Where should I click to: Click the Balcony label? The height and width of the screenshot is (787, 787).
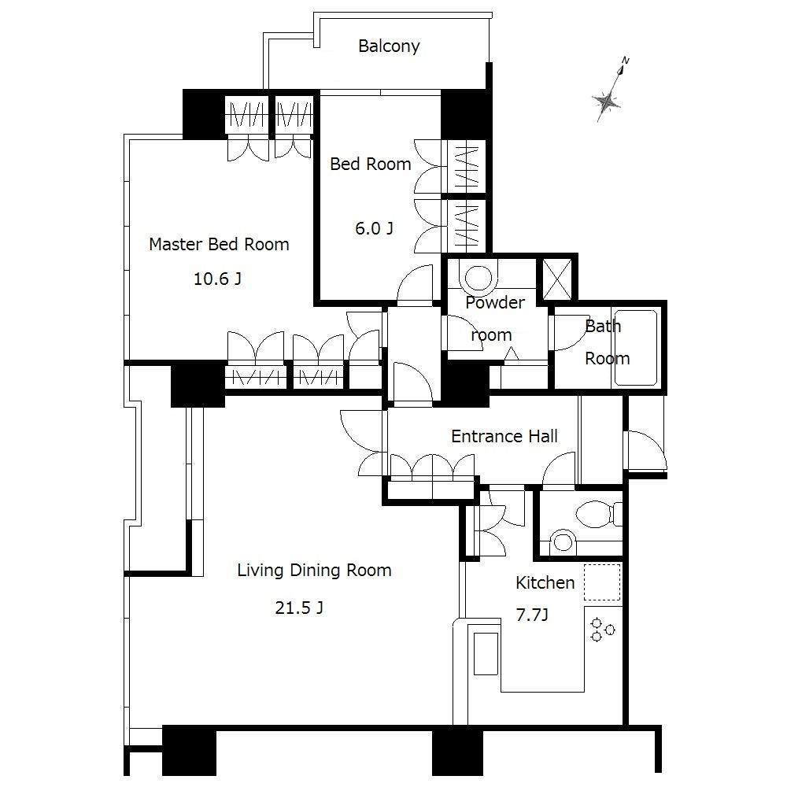(x=389, y=46)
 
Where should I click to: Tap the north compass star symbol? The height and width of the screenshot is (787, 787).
(x=608, y=101)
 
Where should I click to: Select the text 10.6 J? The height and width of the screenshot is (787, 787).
(x=217, y=279)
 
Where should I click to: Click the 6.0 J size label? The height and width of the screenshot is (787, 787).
(x=374, y=229)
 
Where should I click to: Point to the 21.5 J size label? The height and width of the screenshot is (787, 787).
(x=299, y=608)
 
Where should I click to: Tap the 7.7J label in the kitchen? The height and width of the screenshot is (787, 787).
(x=531, y=615)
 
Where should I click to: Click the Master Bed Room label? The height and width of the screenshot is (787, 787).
(x=219, y=244)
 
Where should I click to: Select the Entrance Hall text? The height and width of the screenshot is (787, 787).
(x=504, y=436)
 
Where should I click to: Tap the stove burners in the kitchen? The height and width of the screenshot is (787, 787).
(x=602, y=628)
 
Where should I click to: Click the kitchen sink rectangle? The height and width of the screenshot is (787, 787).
(x=483, y=653)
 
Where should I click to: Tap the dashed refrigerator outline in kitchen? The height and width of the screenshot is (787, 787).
(x=602, y=582)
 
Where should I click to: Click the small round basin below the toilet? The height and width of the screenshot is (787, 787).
(x=562, y=541)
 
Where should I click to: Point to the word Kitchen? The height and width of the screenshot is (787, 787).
(x=545, y=583)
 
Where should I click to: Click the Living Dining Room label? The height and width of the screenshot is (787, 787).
(x=314, y=571)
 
